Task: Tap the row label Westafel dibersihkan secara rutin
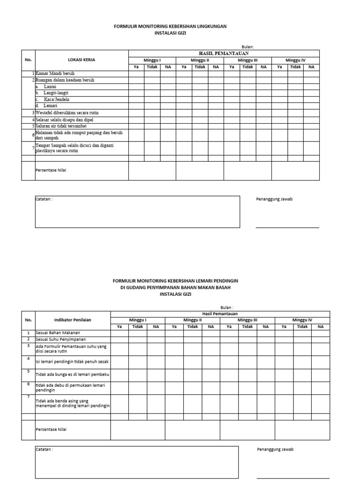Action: pyautogui.click(x=67, y=113)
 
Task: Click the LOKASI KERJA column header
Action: pyautogui.click(x=82, y=60)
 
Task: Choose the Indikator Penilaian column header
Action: pyautogui.click(x=73, y=320)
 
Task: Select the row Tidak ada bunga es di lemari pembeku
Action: pyautogui.click(x=73, y=375)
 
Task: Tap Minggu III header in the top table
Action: pyautogui.click(x=247, y=60)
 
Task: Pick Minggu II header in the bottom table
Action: pyautogui.click(x=192, y=320)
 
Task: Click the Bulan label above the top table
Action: pyautogui.click(x=247, y=46)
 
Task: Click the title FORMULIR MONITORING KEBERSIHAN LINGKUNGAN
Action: pyautogui.click(x=170, y=27)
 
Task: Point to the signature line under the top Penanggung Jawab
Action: pyautogui.click(x=287, y=227)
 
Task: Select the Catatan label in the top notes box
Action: pyautogui.click(x=45, y=199)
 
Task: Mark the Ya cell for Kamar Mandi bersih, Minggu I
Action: pyautogui.click(x=136, y=74)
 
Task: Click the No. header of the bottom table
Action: pyautogui.click(x=28, y=320)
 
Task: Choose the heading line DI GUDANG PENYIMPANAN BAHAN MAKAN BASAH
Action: pyautogui.click(x=175, y=287)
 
